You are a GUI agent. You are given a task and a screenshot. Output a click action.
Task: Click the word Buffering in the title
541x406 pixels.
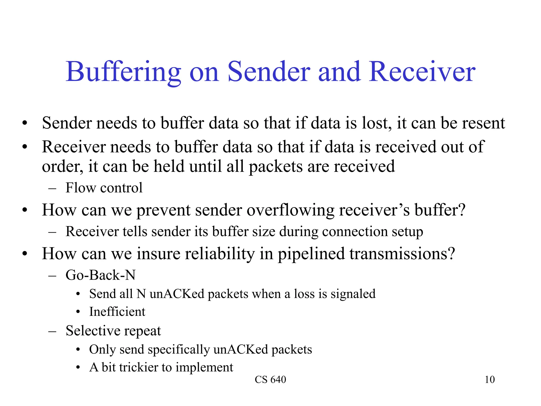point(123,72)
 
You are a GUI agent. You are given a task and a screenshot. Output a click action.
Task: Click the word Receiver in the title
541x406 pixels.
point(422,72)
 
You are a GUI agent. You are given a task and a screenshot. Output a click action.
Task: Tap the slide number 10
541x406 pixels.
point(489,380)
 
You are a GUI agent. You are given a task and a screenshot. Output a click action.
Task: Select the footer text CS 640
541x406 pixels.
point(270,380)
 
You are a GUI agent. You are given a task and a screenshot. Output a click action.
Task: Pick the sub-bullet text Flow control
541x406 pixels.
point(104,188)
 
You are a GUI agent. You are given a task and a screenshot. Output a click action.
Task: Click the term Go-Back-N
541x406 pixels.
point(100,275)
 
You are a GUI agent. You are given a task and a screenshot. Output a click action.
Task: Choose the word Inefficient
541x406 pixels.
point(117,312)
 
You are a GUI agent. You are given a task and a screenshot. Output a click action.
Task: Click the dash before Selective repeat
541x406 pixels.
point(52,331)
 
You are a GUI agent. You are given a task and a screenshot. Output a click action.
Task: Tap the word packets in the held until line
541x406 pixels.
point(276,167)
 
